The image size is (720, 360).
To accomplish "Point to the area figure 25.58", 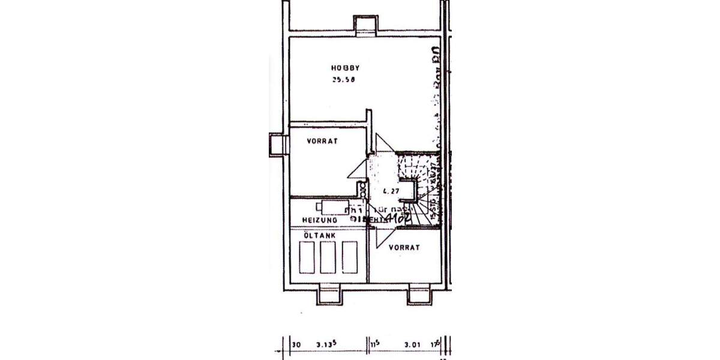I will tap(343, 80).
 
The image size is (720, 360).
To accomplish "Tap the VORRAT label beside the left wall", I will tap(323, 142).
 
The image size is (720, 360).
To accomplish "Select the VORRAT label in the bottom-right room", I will tap(403, 247).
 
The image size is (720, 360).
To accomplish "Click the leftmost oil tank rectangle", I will tap(307, 257).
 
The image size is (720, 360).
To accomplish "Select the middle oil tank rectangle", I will tap(328, 257).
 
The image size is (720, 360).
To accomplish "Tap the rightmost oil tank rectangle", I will tap(349, 257).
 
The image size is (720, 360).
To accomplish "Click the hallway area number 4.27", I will tap(391, 191).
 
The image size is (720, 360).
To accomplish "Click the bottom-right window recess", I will tap(419, 294).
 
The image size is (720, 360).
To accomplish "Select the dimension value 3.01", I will tap(411, 345).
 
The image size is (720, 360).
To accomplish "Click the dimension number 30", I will tap(296, 345).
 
